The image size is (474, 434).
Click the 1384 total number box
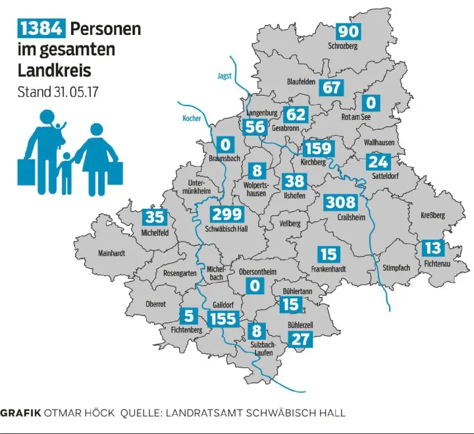pyautogui.click(x=41, y=28)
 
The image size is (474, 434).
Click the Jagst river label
pyautogui.click(x=224, y=76)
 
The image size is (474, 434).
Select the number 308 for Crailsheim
pyautogui.click(x=340, y=202)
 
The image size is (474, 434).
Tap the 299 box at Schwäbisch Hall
pyautogui.click(x=227, y=214)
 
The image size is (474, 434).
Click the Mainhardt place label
pyautogui.click(x=111, y=252)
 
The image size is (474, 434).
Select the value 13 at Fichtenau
pyautogui.click(x=433, y=248)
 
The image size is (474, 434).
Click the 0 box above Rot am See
pyautogui.click(x=371, y=103)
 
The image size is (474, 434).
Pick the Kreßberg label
pyautogui.click(x=433, y=216)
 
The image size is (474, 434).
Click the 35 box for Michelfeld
pyautogui.click(x=155, y=217)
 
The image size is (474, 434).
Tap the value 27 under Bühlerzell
pyautogui.click(x=300, y=340)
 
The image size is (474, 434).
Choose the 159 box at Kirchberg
pyautogui.click(x=318, y=148)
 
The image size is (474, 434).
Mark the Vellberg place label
pyautogui.click(x=290, y=223)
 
